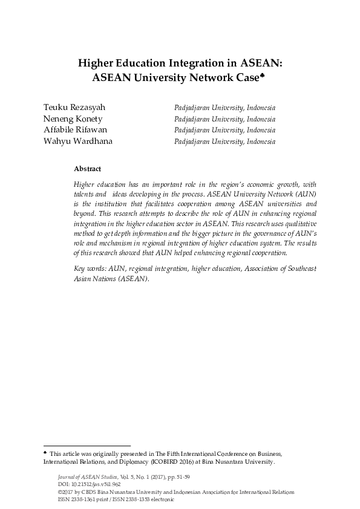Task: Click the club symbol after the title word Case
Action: (263, 74)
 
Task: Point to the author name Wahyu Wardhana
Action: (77, 141)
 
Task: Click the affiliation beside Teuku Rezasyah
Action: (224, 108)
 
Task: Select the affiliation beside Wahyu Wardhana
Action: (224, 141)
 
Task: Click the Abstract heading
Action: (87, 169)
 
